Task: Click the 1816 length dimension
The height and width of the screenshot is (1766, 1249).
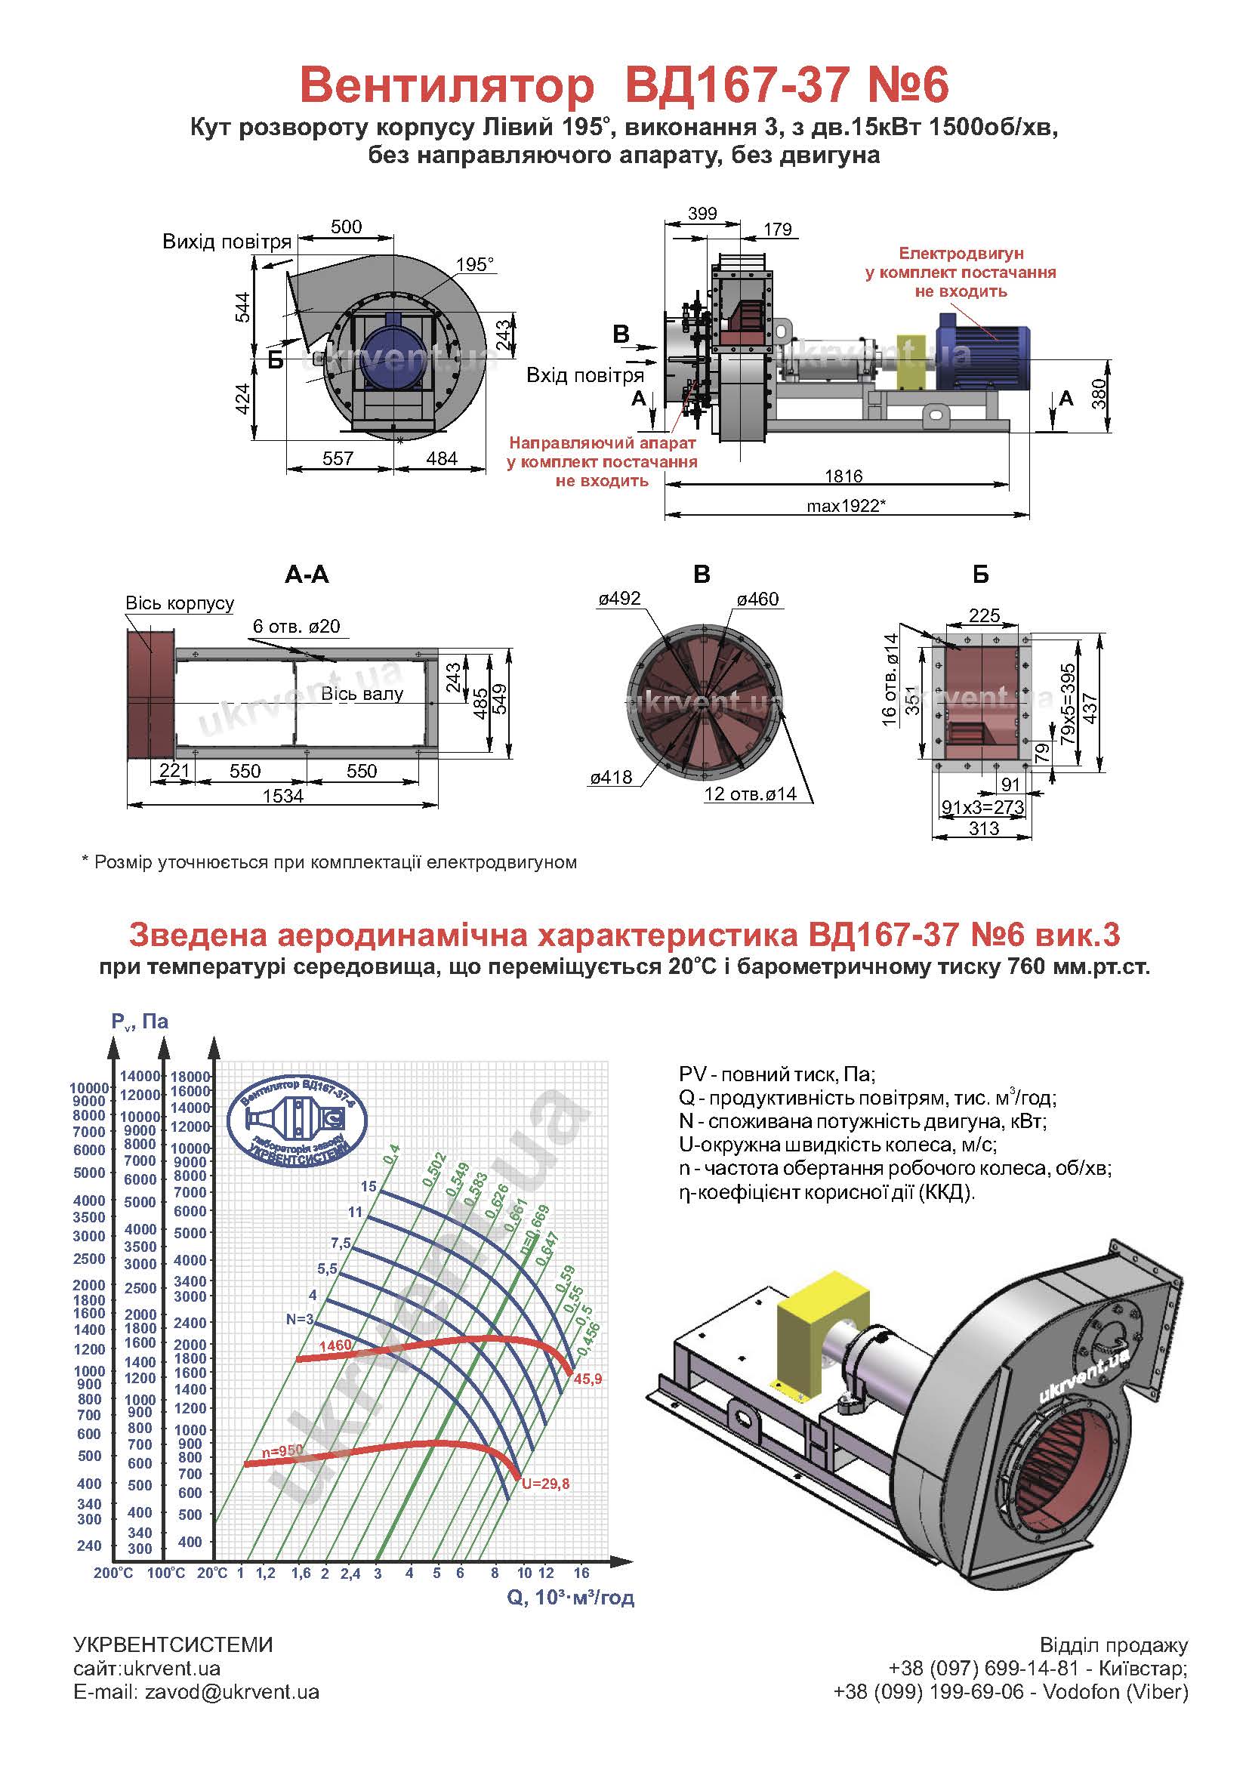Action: [843, 476]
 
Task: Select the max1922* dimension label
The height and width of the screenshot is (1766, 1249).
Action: [847, 505]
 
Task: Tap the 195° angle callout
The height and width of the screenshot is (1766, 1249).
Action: [474, 264]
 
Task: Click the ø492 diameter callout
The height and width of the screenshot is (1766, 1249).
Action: [619, 599]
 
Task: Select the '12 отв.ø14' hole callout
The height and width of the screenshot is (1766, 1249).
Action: [750, 794]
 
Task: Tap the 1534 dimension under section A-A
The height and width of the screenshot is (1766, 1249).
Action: [283, 796]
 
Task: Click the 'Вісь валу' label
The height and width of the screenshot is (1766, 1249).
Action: [362, 694]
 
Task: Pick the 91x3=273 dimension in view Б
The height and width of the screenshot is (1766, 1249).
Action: [983, 807]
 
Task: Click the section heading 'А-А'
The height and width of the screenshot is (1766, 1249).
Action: [307, 575]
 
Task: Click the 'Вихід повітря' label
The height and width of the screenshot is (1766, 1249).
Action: [227, 242]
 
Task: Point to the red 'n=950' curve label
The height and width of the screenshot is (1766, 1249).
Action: [282, 1450]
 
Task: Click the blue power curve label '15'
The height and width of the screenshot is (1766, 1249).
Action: [369, 1186]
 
